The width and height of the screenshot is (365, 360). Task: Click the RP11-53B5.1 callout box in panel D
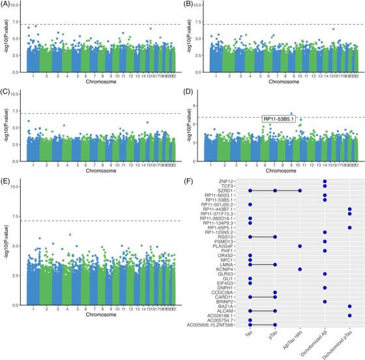click(278, 119)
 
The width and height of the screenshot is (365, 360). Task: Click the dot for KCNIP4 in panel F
click(300, 269)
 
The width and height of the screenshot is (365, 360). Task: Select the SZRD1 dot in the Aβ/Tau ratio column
click(300, 191)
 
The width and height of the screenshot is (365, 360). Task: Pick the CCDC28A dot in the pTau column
click(275, 292)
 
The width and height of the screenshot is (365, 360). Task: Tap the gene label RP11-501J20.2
click(221, 204)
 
